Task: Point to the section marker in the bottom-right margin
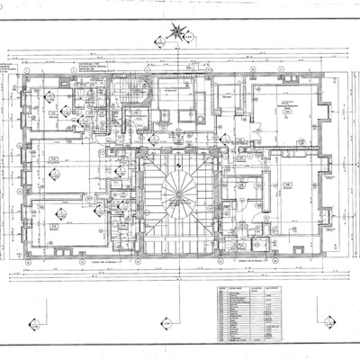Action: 329,319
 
